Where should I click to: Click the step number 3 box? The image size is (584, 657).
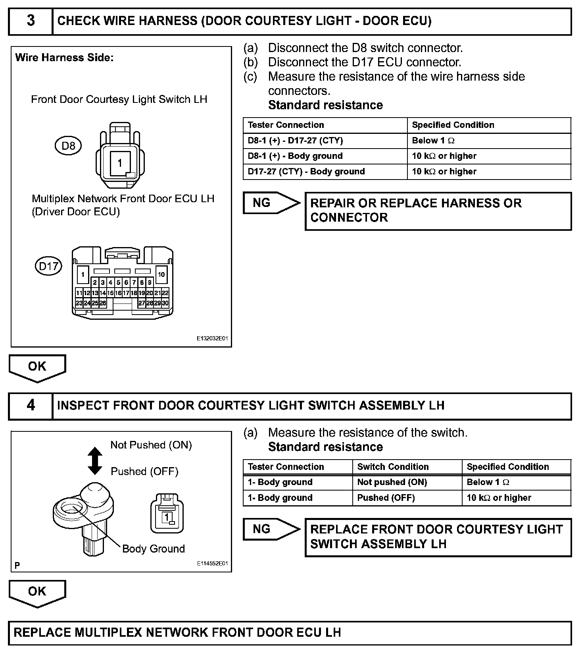tap(31, 21)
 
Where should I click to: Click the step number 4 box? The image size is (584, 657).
tap(31, 406)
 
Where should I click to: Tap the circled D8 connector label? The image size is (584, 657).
tap(68, 146)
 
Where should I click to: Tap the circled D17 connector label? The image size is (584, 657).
tap(48, 266)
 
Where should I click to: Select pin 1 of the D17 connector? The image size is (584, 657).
tap(83, 274)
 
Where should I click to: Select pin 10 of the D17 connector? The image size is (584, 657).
tap(161, 274)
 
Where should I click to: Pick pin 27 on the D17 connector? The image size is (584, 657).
tap(142, 303)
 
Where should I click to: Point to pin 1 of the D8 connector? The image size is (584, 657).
tap(119, 163)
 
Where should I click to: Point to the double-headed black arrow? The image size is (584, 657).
tap(95, 461)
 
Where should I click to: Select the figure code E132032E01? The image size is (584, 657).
tap(212, 339)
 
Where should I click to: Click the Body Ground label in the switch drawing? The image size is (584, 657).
tap(154, 549)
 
